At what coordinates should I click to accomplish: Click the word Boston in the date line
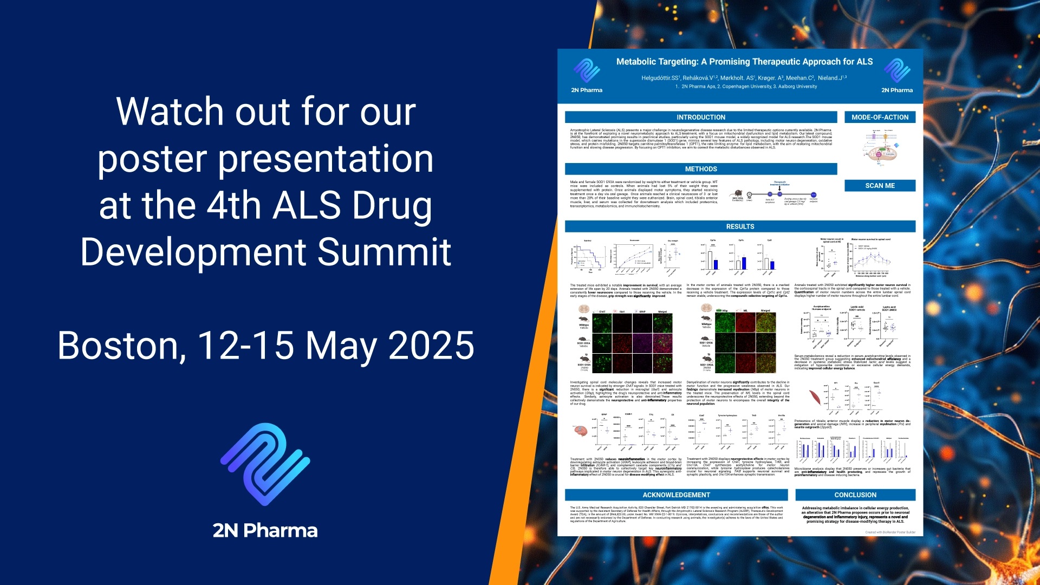tap(121, 346)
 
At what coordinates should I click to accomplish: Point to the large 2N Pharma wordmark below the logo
tap(265, 530)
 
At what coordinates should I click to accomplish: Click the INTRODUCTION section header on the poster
tap(700, 117)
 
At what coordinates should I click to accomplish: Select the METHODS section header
tap(700, 169)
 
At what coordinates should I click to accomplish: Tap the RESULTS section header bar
tap(740, 226)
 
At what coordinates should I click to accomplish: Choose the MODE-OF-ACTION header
tap(880, 117)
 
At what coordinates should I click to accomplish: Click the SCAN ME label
tap(880, 186)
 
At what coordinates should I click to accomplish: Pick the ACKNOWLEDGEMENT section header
tap(676, 495)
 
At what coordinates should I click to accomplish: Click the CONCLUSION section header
tap(855, 495)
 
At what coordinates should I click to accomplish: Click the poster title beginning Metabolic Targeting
tap(744, 62)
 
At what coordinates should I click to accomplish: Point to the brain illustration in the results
tap(581, 431)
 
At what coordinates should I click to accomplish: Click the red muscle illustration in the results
tap(815, 398)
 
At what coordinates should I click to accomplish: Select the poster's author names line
tap(744, 78)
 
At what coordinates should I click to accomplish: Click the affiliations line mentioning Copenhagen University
tap(746, 87)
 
